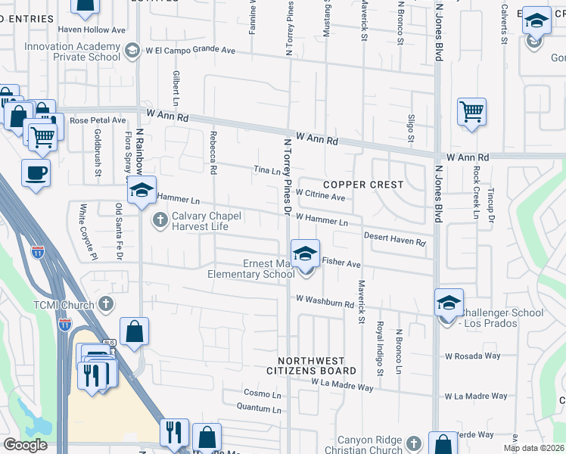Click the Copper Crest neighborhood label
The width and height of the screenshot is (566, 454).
coord(362,185)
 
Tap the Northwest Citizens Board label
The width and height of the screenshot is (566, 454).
coord(311,366)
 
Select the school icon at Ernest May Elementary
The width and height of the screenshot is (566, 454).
coord(305,253)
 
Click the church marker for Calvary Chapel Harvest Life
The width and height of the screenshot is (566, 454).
coord(159,220)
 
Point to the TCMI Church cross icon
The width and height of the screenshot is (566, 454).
coord(107,304)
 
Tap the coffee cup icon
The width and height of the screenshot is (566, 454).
coord(36,173)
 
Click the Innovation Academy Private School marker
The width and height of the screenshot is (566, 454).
coord(132,50)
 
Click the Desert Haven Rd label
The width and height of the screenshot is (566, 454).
coord(395,238)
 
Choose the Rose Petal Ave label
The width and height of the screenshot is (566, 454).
coord(98,120)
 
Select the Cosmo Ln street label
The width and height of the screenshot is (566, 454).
coord(262,393)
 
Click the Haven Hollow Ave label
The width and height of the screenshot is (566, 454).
coord(92,30)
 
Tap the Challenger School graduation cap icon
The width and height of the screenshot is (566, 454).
coord(449,302)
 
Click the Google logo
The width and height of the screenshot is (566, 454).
coord(25,445)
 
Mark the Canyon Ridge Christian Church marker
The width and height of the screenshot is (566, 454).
coord(413,441)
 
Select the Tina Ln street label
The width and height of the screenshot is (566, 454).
coord(266,171)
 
